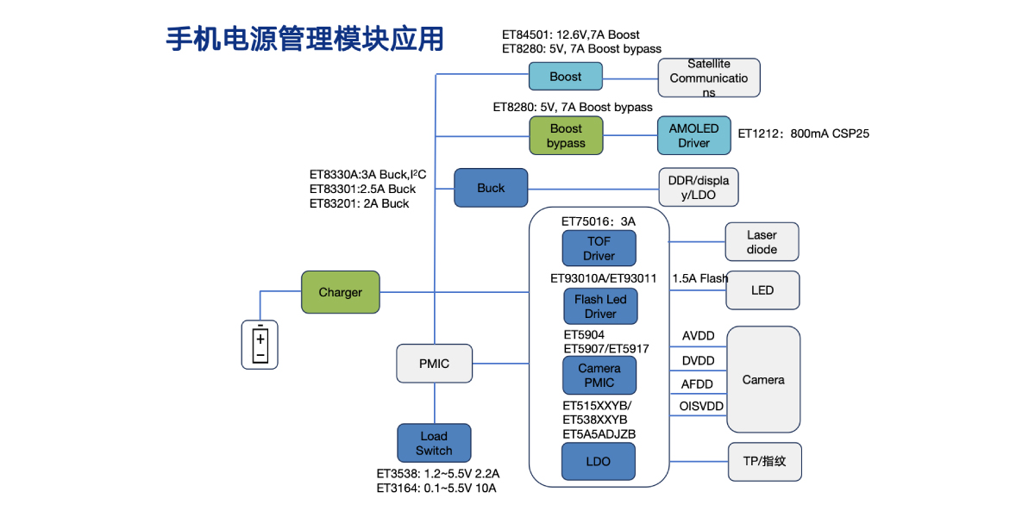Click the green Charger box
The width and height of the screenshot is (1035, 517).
pos(340,292)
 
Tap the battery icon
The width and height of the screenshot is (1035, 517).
pos(260,345)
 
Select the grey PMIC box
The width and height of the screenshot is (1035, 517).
pos(434,363)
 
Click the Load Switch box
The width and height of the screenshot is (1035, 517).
pos(434,443)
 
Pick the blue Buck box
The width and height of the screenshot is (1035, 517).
pos(491,188)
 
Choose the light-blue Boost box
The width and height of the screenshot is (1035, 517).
pos(565,77)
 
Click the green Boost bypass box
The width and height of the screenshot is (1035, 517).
pos(566,136)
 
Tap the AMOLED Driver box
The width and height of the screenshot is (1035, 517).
pos(693,135)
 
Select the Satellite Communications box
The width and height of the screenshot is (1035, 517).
pos(708,78)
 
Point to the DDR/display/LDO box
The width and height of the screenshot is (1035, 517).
pos(698,188)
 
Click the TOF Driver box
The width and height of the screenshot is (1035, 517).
pos(599,248)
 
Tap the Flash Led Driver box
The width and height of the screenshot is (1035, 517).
pos(600,306)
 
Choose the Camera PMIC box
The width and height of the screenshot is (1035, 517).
pos(599,375)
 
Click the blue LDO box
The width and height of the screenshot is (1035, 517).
pos(598,461)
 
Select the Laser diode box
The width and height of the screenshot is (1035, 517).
pos(762,242)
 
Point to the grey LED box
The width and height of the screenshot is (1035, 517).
pos(762,290)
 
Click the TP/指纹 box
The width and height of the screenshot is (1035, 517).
pos(764,461)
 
